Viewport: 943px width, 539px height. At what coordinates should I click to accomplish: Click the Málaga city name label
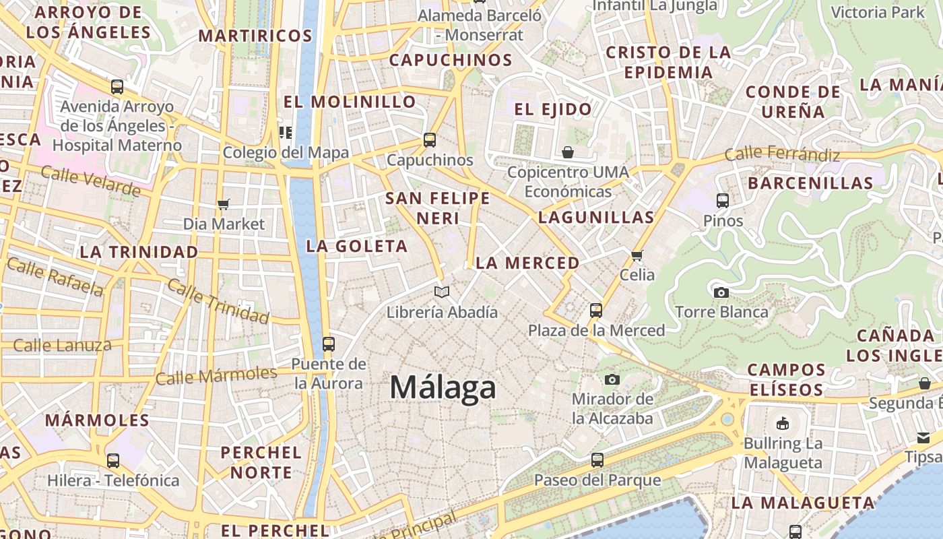pos(443,388)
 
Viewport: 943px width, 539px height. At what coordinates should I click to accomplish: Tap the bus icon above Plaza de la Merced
pos(595,311)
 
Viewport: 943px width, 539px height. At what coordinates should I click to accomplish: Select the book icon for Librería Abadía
pos(442,292)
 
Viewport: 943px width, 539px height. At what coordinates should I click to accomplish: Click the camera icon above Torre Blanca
pos(721,292)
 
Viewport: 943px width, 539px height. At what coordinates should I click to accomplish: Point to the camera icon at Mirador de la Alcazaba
pos(612,380)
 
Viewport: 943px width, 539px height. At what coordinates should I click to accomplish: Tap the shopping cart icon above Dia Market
pos(224,204)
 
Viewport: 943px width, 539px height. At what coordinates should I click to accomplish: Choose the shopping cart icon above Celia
pos(637,255)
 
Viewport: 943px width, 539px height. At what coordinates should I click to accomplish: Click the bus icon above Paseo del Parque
pos(597,460)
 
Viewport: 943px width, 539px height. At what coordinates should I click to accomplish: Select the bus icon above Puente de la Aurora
pos(329,344)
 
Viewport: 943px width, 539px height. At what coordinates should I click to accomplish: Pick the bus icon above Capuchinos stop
pos(430,140)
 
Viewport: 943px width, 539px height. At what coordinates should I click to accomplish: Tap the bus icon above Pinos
pos(723,201)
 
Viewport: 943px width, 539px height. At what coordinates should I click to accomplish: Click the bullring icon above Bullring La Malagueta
pos(783,424)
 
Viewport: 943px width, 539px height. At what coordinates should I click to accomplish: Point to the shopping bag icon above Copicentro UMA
pos(568,152)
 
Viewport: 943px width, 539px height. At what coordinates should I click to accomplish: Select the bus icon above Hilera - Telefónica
pos(113,461)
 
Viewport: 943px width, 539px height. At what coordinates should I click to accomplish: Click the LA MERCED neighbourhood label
pos(527,263)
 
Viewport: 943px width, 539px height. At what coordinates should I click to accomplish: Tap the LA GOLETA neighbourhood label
pos(357,247)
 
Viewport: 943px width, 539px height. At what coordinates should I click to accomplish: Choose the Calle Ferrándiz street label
pos(782,154)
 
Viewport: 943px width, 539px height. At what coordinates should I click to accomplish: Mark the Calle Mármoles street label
pos(216,375)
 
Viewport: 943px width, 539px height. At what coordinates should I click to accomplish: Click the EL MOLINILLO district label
pos(350,102)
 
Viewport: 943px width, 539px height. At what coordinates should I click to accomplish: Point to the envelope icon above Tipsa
pos(923,438)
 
